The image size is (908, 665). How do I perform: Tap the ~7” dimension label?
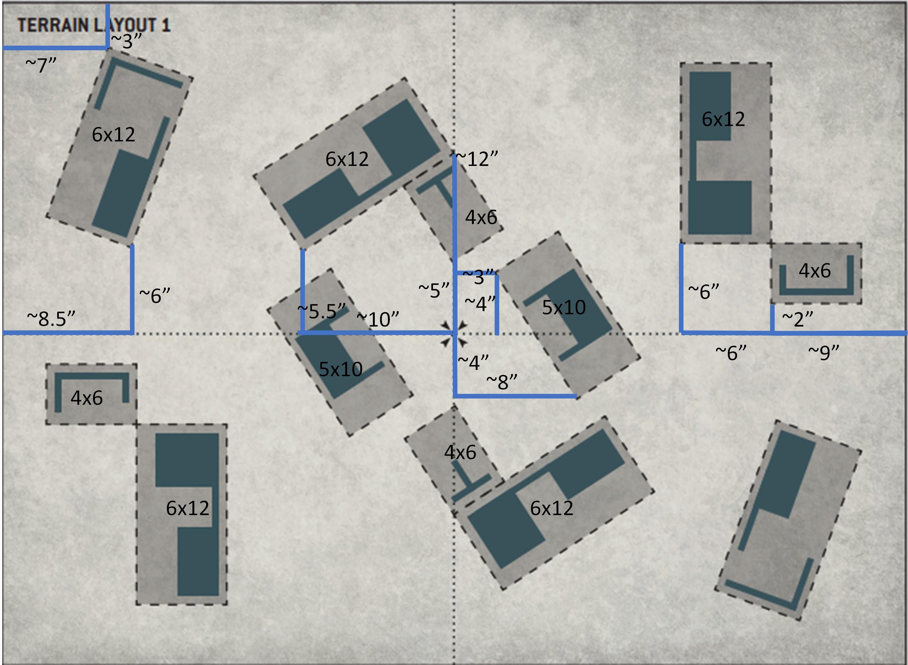(x=41, y=65)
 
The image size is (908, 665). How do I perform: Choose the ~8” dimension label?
(x=502, y=381)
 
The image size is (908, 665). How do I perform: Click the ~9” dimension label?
(x=823, y=352)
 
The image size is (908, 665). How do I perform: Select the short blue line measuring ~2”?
(x=772, y=319)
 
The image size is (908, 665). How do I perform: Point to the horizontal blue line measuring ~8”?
(x=515, y=397)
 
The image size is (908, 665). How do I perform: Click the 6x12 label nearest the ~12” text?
(x=347, y=159)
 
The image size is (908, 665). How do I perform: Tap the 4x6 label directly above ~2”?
(x=815, y=271)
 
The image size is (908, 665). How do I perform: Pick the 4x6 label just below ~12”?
(x=481, y=217)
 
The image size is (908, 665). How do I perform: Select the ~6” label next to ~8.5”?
(x=155, y=295)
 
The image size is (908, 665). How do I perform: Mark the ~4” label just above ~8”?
(x=473, y=362)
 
